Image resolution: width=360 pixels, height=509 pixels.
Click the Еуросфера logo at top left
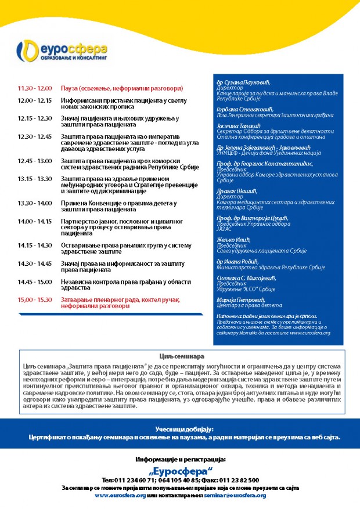click(x=60, y=51)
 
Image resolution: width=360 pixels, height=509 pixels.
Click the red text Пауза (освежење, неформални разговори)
click(x=122, y=88)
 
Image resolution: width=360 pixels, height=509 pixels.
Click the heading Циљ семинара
click(x=179, y=355)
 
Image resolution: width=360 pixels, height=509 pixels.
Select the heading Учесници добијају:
click(x=180, y=428)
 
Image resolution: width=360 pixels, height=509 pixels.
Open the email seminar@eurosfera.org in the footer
click(x=235, y=495)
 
